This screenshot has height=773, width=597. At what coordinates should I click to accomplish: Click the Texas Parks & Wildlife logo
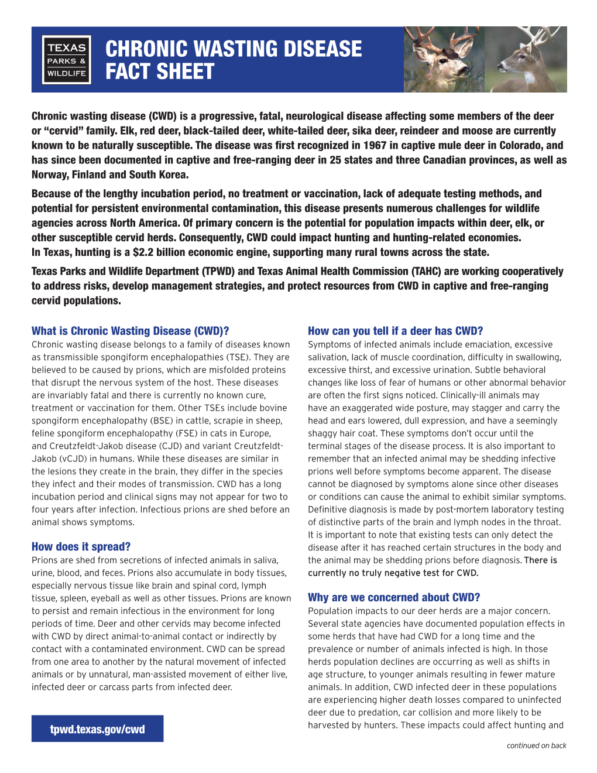(67, 60)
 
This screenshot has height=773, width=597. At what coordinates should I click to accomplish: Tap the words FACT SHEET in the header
(160, 72)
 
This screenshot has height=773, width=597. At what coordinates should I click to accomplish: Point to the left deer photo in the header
(444, 59)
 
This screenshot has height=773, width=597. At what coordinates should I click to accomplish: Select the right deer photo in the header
(526, 59)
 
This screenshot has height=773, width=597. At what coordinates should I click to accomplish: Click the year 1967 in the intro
(375, 145)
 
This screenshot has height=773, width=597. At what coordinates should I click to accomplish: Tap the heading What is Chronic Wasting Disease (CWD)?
(130, 331)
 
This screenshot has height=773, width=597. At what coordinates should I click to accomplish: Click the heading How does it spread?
(81, 546)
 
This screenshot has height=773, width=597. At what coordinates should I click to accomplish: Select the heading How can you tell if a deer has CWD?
(395, 331)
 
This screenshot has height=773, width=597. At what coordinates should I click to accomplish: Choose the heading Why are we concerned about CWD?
(394, 597)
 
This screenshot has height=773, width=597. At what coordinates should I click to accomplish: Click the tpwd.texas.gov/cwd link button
(97, 729)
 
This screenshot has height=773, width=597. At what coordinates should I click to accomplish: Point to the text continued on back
(536, 745)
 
